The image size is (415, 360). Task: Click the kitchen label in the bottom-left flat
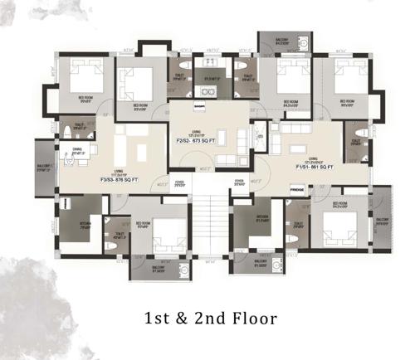tap(86, 223)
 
